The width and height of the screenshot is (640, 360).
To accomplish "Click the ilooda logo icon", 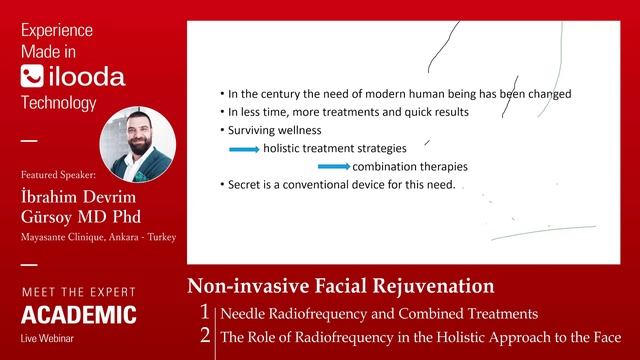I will pos(31,76).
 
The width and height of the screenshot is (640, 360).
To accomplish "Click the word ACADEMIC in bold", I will pos(79,316).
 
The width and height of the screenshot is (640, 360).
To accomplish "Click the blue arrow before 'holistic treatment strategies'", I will pos(244,149).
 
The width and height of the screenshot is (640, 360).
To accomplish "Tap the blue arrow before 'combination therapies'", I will pos(334,167).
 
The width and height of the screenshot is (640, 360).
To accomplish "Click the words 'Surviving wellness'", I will pos(274,130).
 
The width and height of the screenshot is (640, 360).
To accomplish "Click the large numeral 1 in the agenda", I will pos(206,313).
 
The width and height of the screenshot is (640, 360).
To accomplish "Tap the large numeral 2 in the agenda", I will pos(206,336).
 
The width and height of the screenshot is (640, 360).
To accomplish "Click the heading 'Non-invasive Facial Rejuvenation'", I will pos(341,286).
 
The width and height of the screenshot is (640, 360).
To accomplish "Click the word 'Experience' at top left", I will pos(57,30).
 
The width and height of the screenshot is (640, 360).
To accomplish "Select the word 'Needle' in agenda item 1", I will pos(244,313).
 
